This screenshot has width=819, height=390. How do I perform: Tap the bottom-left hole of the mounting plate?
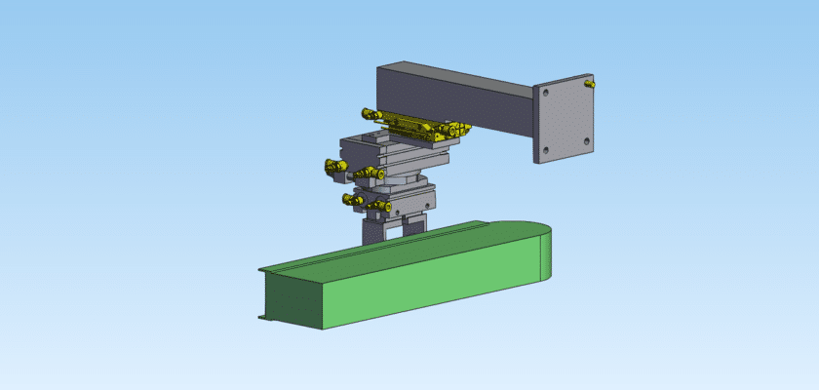(x=546, y=149)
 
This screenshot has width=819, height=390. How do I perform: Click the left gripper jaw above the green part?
(x=372, y=231)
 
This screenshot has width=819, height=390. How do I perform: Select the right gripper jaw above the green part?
(x=413, y=225)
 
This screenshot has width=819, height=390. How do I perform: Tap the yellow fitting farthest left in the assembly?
(x=332, y=168)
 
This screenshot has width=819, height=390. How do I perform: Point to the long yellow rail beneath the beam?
(x=409, y=123)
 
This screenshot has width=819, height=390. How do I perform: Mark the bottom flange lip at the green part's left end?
(x=261, y=316)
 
